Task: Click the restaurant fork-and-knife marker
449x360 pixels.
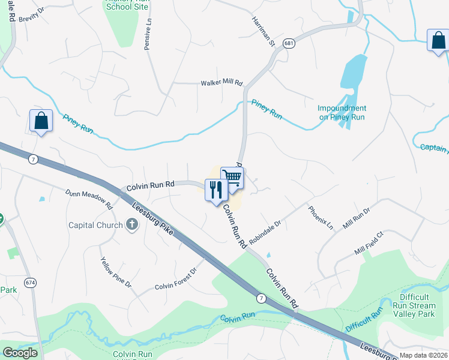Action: tap(216, 190)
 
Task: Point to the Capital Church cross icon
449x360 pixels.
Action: tap(132, 225)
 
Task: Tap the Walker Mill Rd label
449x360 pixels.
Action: tap(221, 83)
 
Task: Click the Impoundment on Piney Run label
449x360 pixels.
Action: tap(342, 113)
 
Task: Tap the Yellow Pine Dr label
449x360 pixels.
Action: tap(116, 271)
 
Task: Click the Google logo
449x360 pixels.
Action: tap(20, 353)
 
